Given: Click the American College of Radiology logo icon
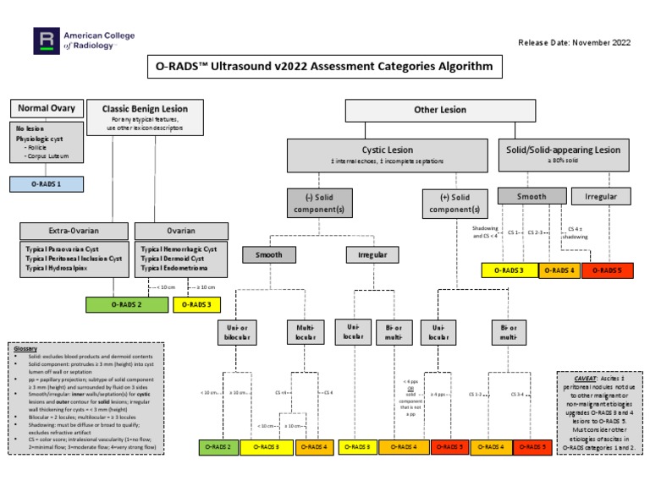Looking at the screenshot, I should (x=45, y=40).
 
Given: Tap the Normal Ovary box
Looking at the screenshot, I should (x=47, y=108).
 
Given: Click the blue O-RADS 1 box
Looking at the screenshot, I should (x=47, y=183).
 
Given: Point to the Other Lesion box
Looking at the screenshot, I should (x=439, y=110).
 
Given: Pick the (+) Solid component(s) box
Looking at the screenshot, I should (x=455, y=203).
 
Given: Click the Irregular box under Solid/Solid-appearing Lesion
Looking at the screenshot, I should (x=601, y=196).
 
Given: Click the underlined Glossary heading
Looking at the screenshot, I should (x=26, y=348).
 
